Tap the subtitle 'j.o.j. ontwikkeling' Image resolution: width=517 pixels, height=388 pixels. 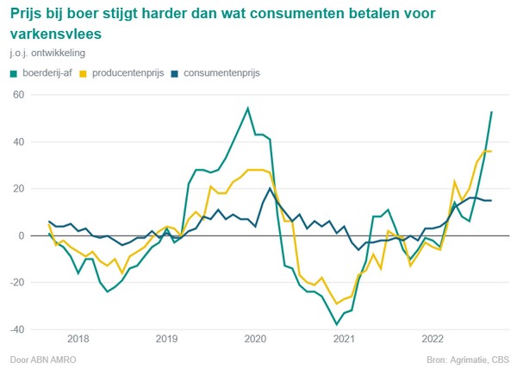click(x=49, y=54)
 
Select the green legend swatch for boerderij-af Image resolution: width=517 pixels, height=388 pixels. click(x=13, y=73)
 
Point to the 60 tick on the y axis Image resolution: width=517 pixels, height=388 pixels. click(x=19, y=94)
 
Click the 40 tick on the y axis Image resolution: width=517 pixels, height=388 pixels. click(x=19, y=141)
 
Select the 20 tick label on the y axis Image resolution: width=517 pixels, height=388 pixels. click(x=19, y=188)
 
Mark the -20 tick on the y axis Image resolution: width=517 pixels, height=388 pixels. click(x=17, y=283)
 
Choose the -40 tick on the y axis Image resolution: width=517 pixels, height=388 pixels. click(x=17, y=329)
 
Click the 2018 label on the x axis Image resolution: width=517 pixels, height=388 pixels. click(x=78, y=340)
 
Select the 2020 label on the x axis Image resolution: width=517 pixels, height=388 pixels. click(x=255, y=340)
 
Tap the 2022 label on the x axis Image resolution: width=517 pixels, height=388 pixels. click(x=433, y=340)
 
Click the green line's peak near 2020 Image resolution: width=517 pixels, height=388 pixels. click(x=248, y=108)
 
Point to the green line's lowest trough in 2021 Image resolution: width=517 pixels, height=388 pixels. click(x=337, y=325)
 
